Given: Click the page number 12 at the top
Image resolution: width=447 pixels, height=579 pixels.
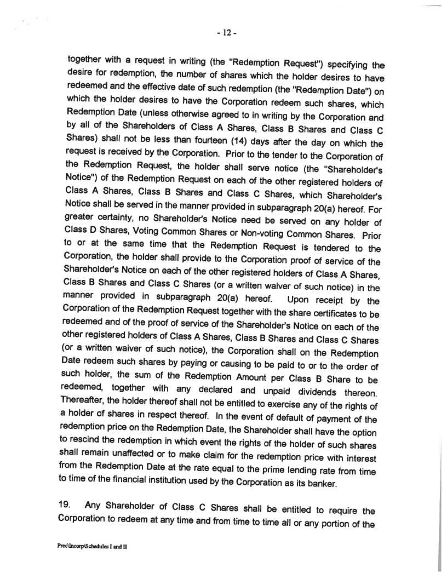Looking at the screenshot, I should tap(225, 33).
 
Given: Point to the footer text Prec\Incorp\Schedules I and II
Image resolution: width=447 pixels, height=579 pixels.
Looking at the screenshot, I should tap(91, 547).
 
